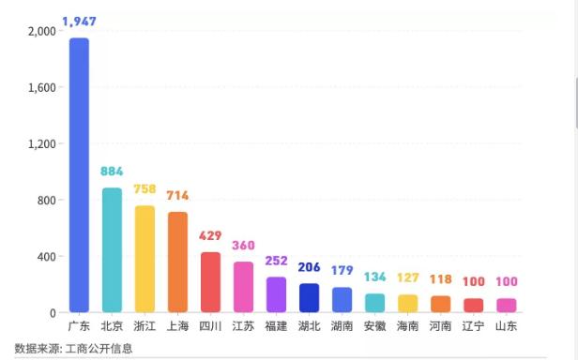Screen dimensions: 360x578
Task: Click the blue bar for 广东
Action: pos(79,174)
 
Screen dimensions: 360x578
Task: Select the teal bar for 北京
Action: pos(112,249)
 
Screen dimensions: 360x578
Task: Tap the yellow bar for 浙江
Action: pos(144,259)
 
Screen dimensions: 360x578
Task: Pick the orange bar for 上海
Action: pos(177,262)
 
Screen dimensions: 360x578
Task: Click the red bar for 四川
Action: pos(210,281)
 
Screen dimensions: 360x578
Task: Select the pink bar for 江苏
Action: pos(243,286)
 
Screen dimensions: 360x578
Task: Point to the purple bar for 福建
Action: pos(276,293)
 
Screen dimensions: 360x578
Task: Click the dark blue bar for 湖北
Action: pos(309,297)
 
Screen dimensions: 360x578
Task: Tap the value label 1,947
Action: pos(79,21)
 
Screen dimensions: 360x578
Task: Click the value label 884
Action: pos(112,172)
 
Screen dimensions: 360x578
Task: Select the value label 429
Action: pos(210,235)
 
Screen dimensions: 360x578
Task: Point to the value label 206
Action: pos(309,267)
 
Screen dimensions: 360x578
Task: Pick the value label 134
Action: pos(374,277)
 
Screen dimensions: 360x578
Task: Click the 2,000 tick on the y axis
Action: pos(42,31)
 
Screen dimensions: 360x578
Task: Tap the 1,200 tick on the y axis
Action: pos(42,143)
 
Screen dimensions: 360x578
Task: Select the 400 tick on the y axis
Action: pos(46,256)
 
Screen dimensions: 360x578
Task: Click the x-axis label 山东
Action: pos(506,326)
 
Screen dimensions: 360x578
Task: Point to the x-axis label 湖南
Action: pos(342,326)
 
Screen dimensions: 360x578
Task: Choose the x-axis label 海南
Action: pos(407,326)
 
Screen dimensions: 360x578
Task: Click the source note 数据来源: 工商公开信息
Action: pos(73,348)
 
